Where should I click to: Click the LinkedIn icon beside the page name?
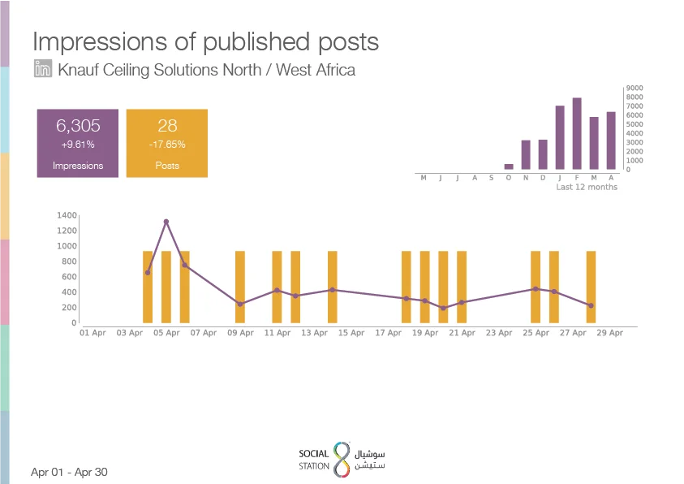tap(43, 68)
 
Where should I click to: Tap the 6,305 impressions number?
tap(78, 126)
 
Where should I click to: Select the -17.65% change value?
tap(167, 145)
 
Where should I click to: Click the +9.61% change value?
tap(78, 145)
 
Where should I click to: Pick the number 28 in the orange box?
tap(167, 126)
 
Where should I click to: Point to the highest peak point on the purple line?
tap(166, 222)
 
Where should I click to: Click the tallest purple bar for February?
tap(577, 133)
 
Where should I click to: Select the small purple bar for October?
tap(509, 166)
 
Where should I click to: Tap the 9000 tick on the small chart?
tap(635, 89)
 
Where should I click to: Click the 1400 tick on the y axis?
tap(67, 215)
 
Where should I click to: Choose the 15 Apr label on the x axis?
tap(351, 333)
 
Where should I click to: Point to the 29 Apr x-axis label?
tap(610, 333)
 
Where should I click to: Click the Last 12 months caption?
tap(587, 187)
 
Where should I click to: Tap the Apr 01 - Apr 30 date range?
tap(69, 472)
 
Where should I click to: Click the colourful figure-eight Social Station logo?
tap(342, 460)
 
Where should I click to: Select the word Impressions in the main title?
tap(100, 42)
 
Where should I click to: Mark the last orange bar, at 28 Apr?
tap(591, 287)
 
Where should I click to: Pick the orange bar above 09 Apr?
tap(240, 287)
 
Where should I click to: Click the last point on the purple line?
tap(591, 305)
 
